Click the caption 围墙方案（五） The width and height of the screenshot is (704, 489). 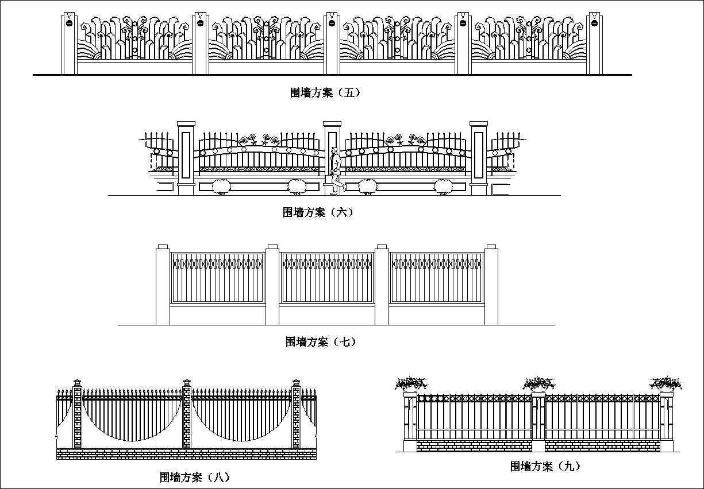(x=325, y=92)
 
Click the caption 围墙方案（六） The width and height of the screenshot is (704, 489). (x=318, y=212)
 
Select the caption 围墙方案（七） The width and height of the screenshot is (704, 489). (x=321, y=342)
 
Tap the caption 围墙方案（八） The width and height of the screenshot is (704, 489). (x=194, y=477)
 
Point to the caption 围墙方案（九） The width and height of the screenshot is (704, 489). (x=541, y=466)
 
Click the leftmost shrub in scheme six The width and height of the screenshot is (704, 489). (x=221, y=187)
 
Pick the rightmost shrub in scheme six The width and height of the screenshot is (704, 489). (x=443, y=187)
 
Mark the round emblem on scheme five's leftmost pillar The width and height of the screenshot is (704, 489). (x=69, y=24)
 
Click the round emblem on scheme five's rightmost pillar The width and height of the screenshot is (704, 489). (x=595, y=24)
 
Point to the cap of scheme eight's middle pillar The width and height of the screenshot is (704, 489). (x=186, y=383)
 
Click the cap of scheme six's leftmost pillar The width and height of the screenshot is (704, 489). (x=186, y=125)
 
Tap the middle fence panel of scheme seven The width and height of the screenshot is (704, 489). (x=327, y=278)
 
